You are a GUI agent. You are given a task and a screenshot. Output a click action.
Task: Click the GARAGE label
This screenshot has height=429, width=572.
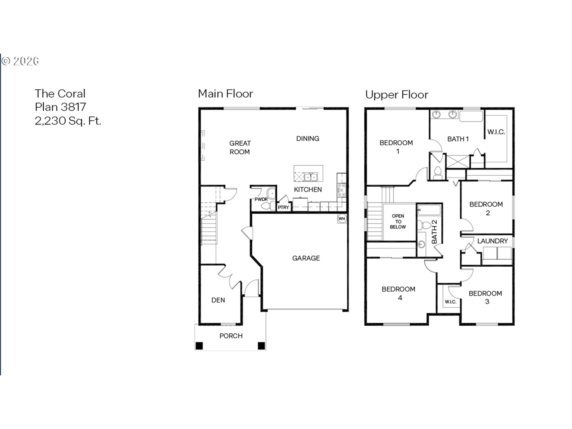click(x=306, y=258)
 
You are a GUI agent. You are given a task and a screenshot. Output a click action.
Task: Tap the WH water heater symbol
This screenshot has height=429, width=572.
click(x=342, y=218)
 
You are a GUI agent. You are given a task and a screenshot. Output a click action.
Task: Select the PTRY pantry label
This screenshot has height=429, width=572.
click(x=283, y=207)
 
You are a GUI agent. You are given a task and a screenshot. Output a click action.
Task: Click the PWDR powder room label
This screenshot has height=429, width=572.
click(x=261, y=199)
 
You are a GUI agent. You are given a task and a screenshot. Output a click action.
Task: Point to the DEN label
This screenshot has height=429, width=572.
click(x=218, y=300)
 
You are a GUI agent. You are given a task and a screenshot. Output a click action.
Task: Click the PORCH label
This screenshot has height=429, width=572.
click(x=231, y=336)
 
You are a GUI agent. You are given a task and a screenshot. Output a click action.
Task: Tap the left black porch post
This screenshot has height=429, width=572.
click(x=199, y=346)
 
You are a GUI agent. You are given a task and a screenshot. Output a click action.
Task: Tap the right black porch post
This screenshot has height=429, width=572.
click(x=261, y=346)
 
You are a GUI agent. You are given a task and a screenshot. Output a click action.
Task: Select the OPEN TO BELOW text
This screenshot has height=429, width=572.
click(x=398, y=221)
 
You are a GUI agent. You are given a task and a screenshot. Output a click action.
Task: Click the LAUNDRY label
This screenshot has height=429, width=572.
click(x=492, y=241)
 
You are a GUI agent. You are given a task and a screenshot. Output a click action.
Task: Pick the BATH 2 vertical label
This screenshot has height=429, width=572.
click(x=434, y=232)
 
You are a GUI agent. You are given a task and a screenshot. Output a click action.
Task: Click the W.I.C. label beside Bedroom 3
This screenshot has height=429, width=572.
click(x=450, y=302)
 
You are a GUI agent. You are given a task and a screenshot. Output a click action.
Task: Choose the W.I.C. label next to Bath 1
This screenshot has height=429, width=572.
click(x=496, y=132)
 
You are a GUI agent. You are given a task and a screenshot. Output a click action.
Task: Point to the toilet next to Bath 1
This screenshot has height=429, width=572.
click(x=438, y=173)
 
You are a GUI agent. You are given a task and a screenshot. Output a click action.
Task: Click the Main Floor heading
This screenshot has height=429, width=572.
click(x=226, y=94)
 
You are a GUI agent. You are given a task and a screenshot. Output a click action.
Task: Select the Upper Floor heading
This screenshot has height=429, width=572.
click(x=397, y=95)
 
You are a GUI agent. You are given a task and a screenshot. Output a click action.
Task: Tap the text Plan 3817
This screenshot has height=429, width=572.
click(x=60, y=107)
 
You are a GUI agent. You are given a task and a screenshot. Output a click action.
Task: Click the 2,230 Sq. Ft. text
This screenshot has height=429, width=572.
click(x=68, y=121)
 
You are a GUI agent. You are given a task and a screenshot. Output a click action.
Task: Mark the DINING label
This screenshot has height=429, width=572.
click(x=308, y=139)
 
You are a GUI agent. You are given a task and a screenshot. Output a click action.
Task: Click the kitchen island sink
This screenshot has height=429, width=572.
click(x=310, y=177)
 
